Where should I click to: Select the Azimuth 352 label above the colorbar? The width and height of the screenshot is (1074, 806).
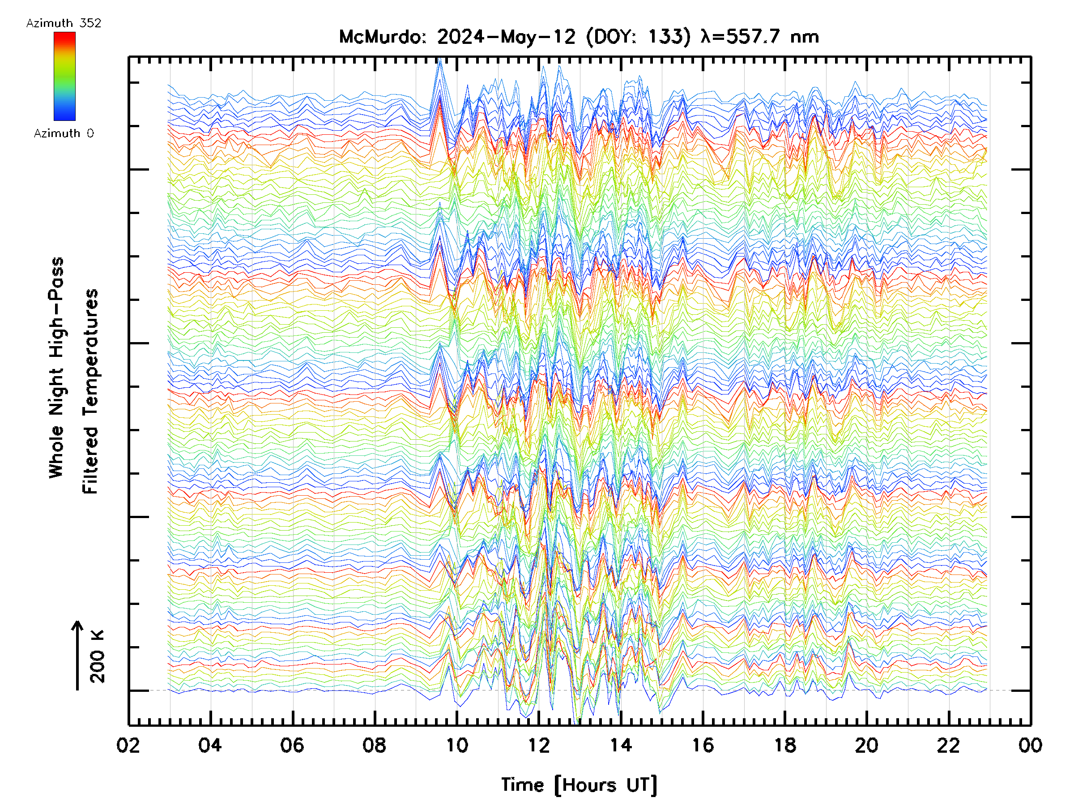pyautogui.click(x=64, y=23)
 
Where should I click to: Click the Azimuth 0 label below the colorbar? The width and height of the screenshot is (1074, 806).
pyautogui.click(x=64, y=133)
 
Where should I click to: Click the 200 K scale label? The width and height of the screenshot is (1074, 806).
pyautogui.click(x=98, y=656)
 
